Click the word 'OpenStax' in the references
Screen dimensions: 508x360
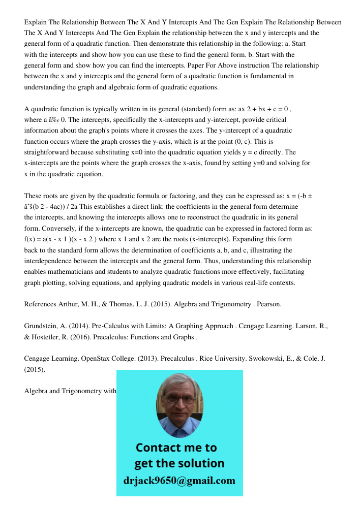coord(86,359)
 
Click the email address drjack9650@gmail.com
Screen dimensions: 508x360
coord(179,481)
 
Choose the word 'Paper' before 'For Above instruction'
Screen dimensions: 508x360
coord(196,66)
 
